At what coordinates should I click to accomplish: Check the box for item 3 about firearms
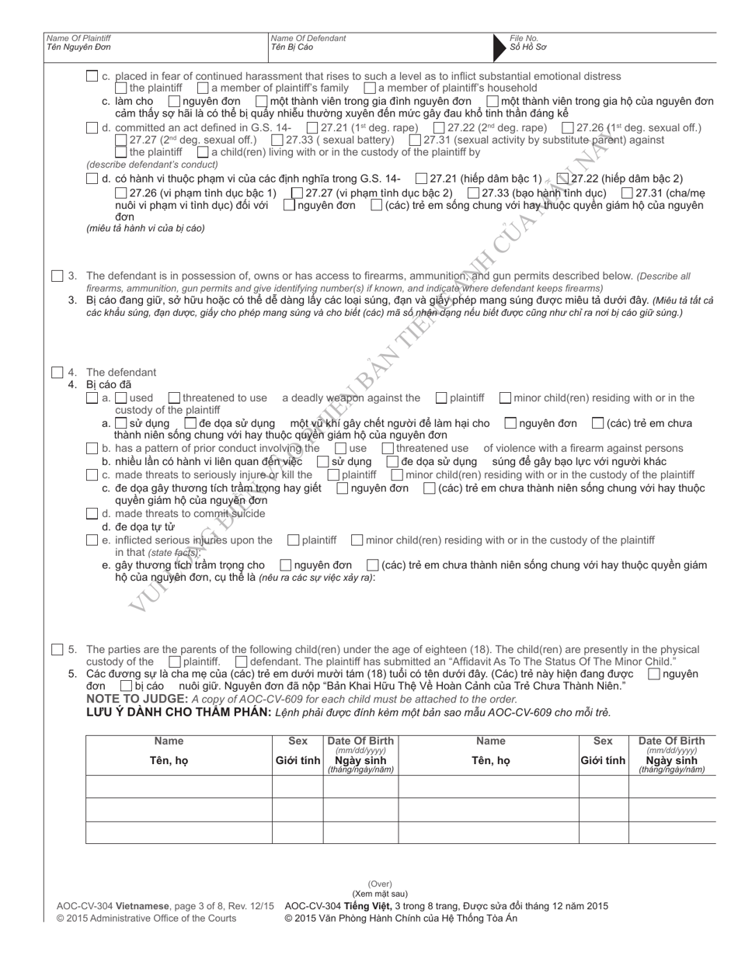pos(57,276)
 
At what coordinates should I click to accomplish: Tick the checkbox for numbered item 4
pos(57,372)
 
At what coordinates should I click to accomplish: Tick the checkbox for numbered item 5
pos(57,649)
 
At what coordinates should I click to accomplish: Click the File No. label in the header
pos(524,38)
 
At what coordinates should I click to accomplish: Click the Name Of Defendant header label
pos(308,38)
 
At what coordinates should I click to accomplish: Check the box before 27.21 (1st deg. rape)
pos(312,127)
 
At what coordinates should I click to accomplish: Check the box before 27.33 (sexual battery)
pos(277,140)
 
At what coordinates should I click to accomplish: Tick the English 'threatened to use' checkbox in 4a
pos(174,398)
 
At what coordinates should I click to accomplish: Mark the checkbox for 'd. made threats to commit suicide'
pos(92,513)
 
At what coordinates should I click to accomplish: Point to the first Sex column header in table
pos(298,741)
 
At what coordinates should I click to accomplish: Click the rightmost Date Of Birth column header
pos(671,741)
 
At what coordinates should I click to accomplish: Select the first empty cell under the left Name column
pos(179,787)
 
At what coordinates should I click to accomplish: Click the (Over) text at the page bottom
pos(380,884)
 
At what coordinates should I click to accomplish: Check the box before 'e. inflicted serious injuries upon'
pos(92,540)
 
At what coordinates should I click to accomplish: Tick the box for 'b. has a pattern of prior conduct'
pos(92,448)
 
